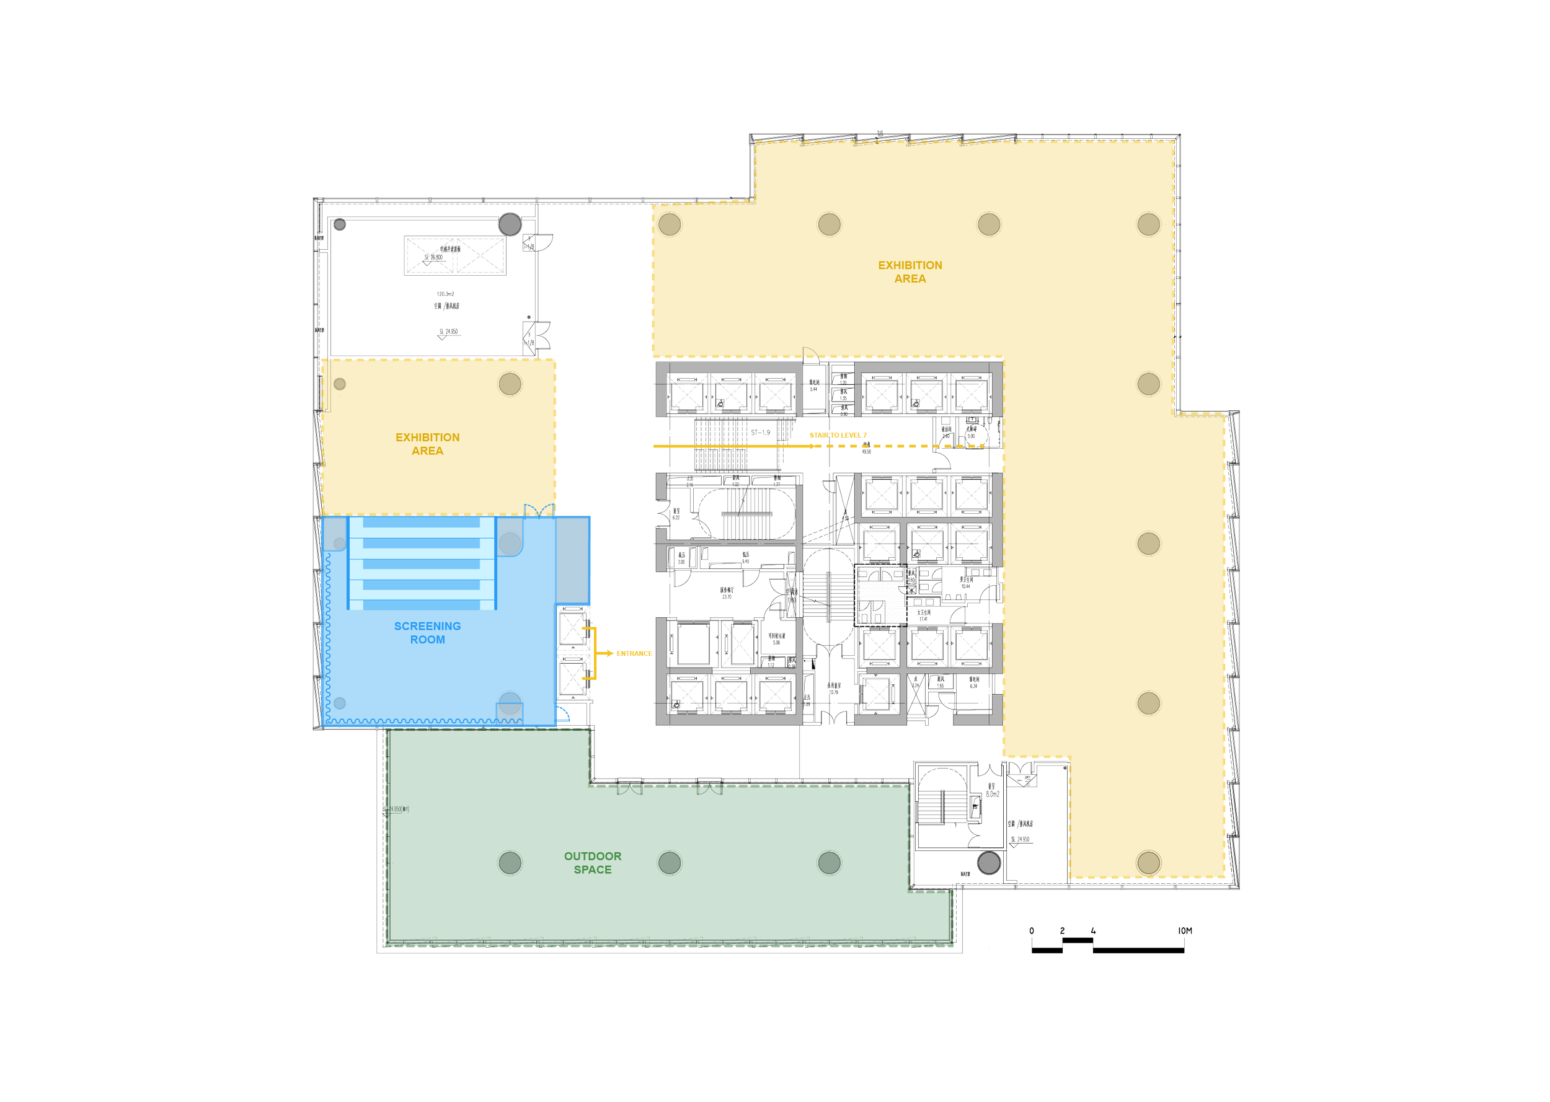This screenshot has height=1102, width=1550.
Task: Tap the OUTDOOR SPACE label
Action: (x=593, y=863)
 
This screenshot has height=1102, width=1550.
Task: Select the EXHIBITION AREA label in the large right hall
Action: (x=910, y=271)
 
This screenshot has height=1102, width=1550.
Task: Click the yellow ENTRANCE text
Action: (x=634, y=653)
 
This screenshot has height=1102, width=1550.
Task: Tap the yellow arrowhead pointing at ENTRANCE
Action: (x=610, y=653)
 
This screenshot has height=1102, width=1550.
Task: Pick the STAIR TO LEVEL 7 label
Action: (x=838, y=436)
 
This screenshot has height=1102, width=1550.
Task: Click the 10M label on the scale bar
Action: (x=1185, y=930)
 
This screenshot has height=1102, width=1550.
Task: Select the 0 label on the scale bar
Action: (x=1032, y=930)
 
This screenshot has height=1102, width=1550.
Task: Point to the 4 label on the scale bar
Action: (x=1092, y=930)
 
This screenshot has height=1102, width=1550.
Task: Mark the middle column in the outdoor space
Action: (x=669, y=863)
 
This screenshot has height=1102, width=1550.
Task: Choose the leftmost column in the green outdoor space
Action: (x=510, y=863)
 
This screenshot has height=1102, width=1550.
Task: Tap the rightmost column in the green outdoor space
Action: (x=828, y=863)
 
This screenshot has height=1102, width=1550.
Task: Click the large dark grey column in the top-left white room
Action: (x=510, y=224)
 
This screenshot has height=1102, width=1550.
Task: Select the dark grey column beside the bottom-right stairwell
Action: (x=989, y=863)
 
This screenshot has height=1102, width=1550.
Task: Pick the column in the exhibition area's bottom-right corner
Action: (x=1148, y=863)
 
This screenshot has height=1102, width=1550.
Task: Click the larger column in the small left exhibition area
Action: (x=510, y=384)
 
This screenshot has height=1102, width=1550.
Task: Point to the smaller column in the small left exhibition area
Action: (x=340, y=384)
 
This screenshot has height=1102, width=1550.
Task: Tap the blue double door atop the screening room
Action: (x=539, y=510)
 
